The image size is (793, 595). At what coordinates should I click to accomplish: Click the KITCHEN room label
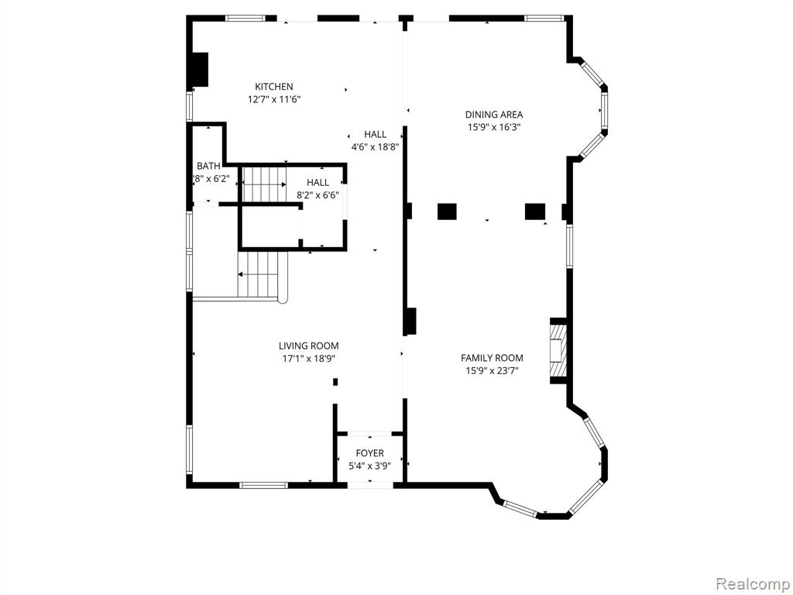273,87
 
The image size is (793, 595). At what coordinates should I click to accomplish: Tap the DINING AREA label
493,115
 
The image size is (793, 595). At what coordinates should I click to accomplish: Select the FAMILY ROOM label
492,358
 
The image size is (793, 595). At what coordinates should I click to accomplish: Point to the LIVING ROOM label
308,346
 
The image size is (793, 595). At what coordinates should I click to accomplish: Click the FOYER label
369,453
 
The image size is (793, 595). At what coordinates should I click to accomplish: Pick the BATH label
208,166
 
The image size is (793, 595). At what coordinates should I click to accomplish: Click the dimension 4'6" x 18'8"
376,147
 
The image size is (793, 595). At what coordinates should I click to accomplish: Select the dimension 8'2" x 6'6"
318,194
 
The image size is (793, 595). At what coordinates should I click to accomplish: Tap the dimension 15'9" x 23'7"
492,371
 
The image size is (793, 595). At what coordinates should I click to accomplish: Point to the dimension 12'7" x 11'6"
273,100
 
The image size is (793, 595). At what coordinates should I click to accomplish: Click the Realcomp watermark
752,584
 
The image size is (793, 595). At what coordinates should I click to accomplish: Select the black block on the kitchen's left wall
199,69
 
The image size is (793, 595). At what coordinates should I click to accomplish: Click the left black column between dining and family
447,212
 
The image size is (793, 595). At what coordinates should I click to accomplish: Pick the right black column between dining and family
535,212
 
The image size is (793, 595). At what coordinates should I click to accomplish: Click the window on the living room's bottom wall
263,485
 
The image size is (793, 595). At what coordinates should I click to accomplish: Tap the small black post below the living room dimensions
335,382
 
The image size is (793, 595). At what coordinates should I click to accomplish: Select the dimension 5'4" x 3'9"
369,466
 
